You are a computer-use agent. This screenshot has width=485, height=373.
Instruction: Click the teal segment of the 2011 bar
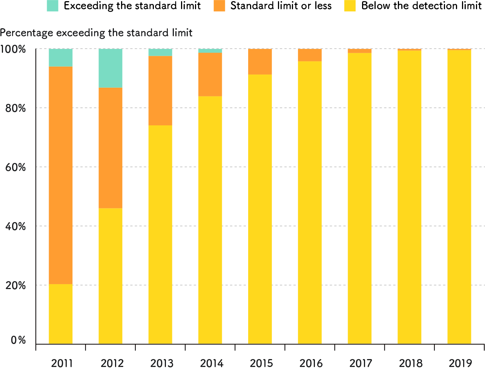(61, 58)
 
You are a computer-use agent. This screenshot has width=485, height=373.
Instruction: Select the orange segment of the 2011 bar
(61, 175)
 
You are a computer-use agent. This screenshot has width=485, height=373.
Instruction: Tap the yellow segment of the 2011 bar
(61, 314)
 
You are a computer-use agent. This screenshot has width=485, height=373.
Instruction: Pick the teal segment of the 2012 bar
(111, 68)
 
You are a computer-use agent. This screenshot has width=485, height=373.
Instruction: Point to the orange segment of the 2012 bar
(111, 148)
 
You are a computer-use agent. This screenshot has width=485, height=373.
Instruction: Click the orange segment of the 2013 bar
(160, 91)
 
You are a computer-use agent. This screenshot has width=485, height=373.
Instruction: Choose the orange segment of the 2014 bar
(210, 75)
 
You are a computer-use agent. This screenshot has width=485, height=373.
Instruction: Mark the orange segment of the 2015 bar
(260, 62)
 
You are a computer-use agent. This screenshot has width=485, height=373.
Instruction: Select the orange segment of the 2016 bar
(310, 55)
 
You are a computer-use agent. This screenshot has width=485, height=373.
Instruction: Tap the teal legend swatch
(53, 6)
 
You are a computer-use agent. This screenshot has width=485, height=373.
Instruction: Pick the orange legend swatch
(219, 6)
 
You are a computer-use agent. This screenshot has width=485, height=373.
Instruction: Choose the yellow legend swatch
(350, 6)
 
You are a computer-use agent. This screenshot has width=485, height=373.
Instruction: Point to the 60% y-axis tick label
(15, 167)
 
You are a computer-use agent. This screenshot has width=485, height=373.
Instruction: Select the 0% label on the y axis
(18, 340)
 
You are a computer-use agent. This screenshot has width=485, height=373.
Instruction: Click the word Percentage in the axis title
(26, 33)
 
